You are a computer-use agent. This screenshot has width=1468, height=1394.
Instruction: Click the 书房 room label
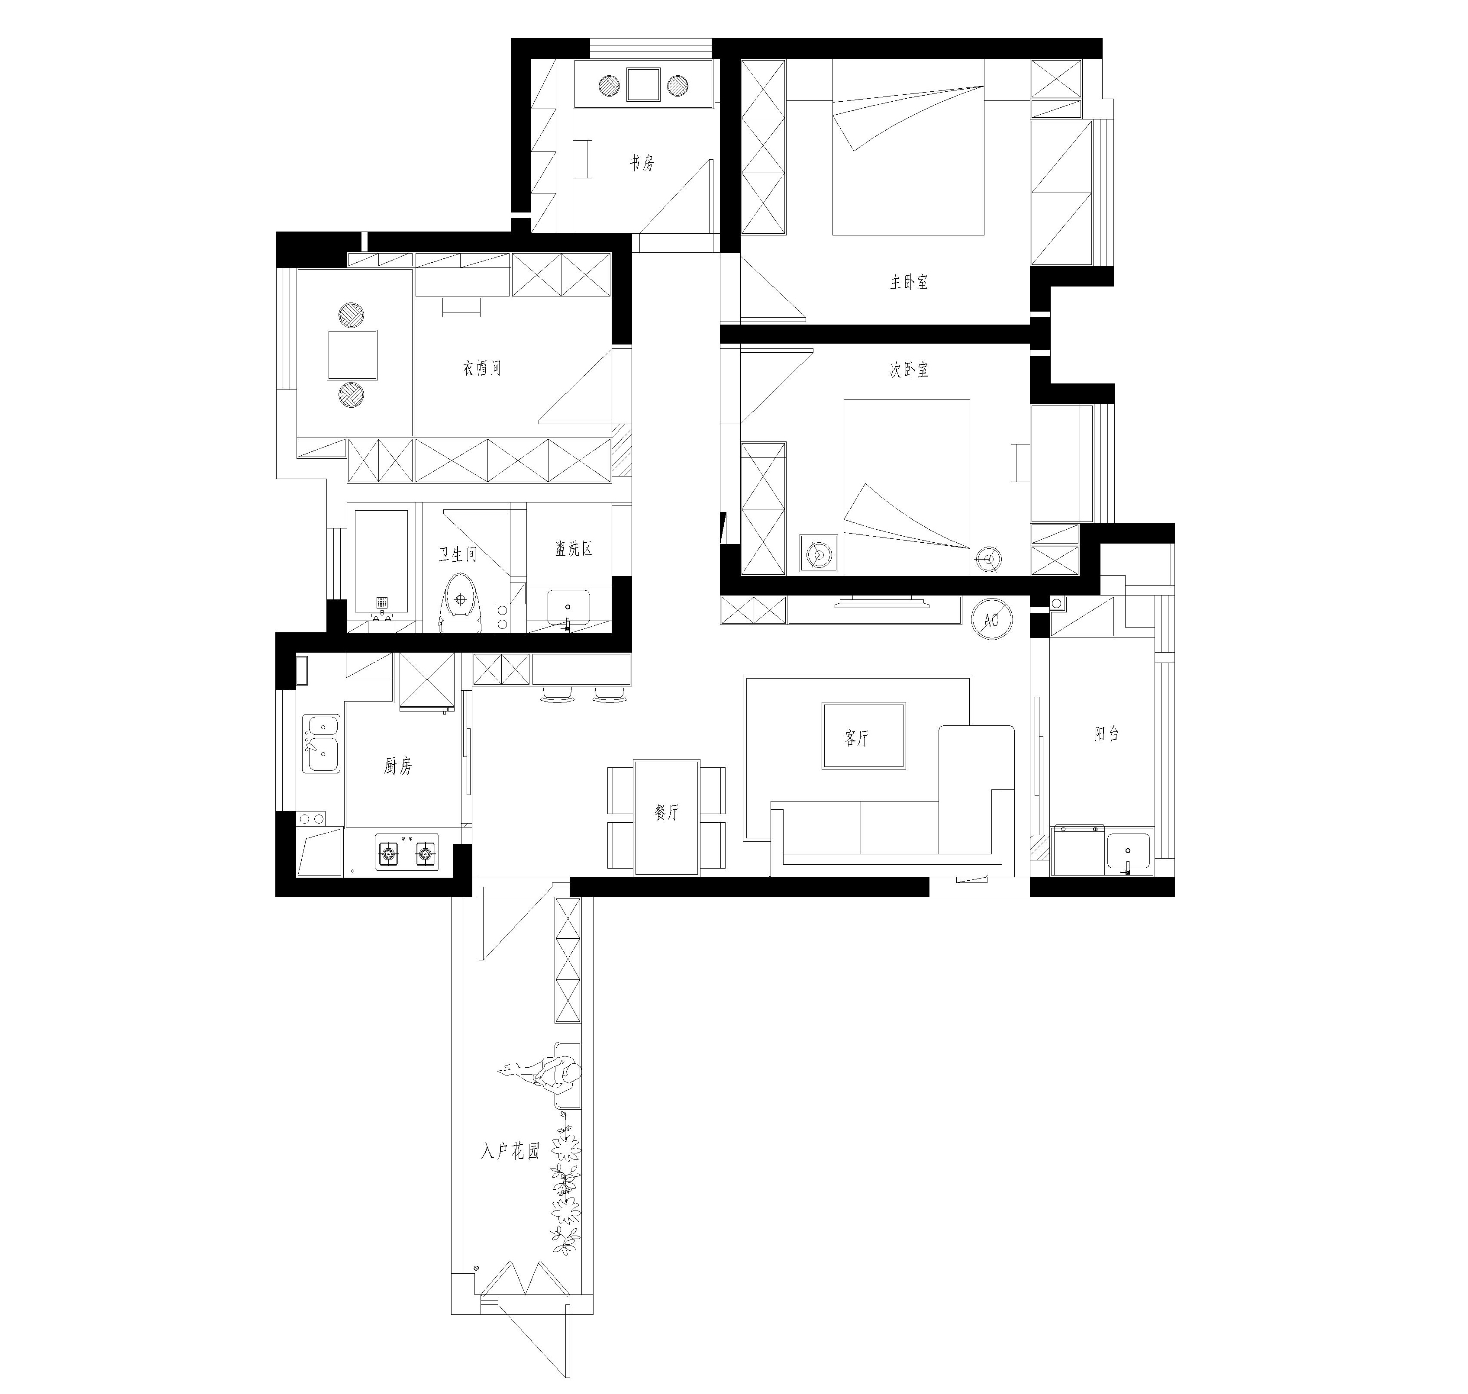[x=642, y=163]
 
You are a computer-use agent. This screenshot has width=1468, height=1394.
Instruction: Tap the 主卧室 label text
[x=909, y=282]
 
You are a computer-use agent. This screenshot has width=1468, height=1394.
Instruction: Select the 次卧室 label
[x=909, y=370]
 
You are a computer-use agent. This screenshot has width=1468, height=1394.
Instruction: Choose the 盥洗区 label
[x=574, y=549]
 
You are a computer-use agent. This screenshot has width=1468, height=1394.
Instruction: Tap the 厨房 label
[x=398, y=766]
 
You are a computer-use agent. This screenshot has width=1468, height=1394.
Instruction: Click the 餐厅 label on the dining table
[x=667, y=812]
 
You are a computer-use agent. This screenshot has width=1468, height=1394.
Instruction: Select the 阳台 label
[x=1107, y=734]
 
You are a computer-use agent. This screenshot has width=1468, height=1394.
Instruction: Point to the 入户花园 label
[x=510, y=1151]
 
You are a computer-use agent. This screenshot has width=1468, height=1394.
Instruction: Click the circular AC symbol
[x=991, y=618]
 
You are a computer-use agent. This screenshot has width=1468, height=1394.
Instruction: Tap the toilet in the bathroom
[x=461, y=602]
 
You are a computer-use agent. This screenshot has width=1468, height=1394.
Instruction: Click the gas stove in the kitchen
[x=407, y=852]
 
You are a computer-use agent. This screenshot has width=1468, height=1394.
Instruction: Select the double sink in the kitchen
[x=321, y=744]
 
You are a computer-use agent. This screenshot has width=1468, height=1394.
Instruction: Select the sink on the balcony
[x=1128, y=852]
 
